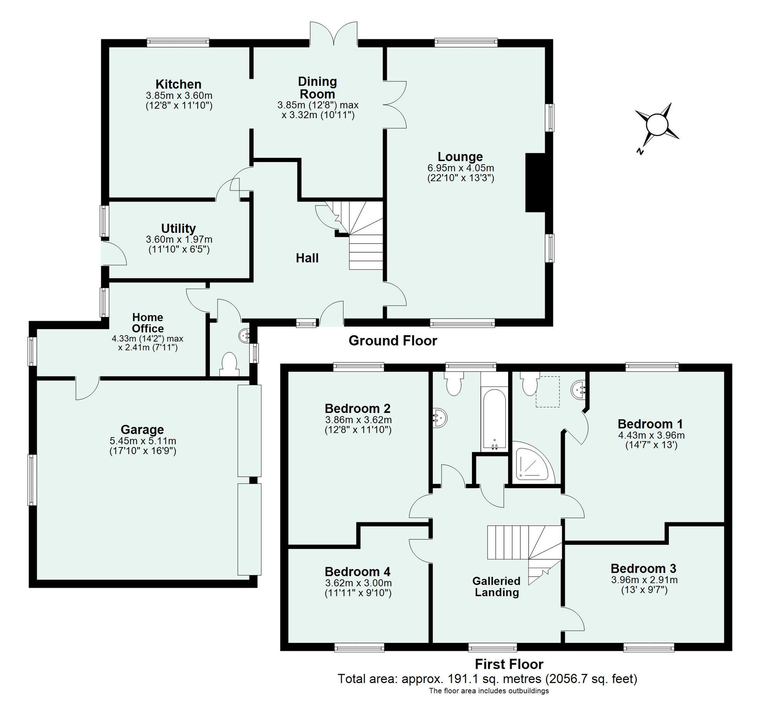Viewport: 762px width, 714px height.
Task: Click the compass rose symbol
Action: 657,126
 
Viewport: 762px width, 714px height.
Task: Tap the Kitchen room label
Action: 178,84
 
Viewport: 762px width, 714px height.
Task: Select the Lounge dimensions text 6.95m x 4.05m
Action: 460,168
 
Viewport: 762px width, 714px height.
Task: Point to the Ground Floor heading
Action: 392,340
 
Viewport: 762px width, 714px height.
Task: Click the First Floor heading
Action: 509,664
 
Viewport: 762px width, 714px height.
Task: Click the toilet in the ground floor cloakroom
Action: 229,364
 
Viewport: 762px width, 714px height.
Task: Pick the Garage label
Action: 142,430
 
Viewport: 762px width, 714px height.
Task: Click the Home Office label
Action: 148,323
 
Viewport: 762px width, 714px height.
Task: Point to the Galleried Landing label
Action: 496,587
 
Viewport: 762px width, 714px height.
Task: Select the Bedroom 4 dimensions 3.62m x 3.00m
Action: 358,583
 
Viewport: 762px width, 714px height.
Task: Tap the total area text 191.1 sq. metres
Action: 487,679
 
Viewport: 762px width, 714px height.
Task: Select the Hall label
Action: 307,258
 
